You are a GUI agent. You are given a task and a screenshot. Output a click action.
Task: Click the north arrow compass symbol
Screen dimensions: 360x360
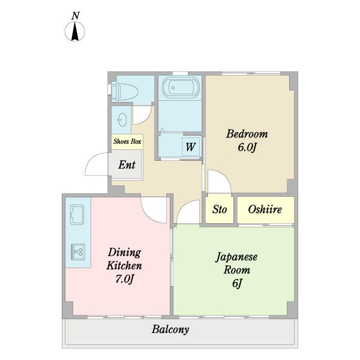(x=74, y=31)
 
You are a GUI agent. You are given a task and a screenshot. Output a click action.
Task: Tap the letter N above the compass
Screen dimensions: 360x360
(x=76, y=16)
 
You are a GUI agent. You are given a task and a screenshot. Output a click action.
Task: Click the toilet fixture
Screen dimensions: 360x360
(x=125, y=92)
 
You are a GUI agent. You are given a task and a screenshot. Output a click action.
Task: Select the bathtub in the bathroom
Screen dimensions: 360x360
(x=181, y=88)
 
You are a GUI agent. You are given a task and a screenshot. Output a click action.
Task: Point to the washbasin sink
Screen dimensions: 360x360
(x=122, y=119)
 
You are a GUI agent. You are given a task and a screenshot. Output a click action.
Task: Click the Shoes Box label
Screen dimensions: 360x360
(x=127, y=142)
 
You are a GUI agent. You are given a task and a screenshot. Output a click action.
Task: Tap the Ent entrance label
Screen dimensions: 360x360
(x=127, y=164)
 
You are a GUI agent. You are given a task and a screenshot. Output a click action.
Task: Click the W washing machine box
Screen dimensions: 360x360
(x=191, y=147)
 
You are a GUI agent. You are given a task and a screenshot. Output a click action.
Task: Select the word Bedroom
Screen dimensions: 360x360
(x=247, y=134)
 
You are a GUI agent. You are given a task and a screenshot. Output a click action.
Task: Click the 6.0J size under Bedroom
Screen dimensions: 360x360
(x=247, y=147)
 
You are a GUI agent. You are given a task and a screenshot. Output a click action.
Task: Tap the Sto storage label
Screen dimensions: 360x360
(x=220, y=209)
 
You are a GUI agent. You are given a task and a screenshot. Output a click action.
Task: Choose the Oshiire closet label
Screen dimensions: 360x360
(x=265, y=209)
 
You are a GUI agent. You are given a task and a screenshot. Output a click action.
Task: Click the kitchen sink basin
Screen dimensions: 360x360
(x=77, y=215)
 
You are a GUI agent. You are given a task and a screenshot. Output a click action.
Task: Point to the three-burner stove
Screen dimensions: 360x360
(x=78, y=252)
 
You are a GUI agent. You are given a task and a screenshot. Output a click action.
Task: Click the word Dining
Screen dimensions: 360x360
(x=124, y=253)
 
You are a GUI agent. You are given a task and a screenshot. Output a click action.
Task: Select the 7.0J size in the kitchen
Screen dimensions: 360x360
(x=124, y=279)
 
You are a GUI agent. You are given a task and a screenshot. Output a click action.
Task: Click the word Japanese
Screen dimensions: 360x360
(x=236, y=257)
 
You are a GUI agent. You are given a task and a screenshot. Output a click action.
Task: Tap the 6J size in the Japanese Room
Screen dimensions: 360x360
(x=237, y=283)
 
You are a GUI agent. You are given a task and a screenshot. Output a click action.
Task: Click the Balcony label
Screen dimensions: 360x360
(x=170, y=329)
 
